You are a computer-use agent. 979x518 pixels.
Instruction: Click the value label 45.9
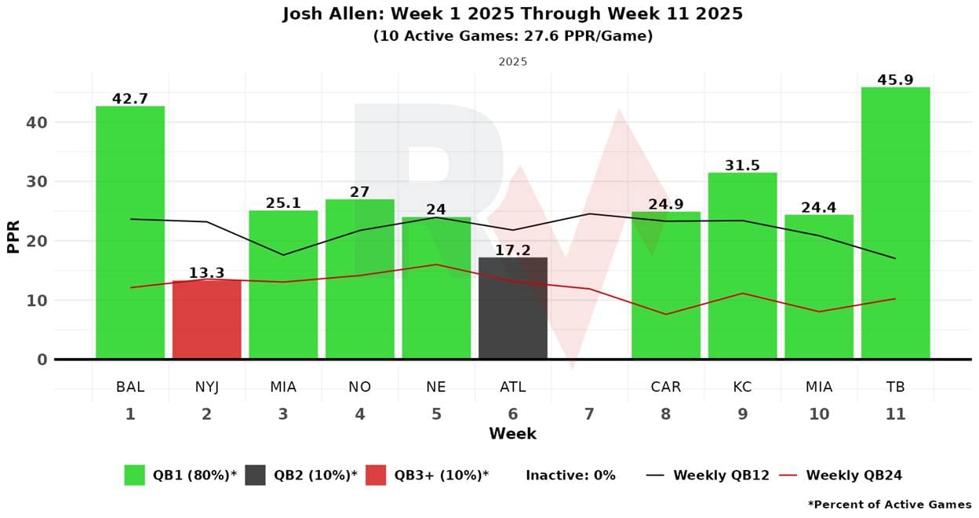895,80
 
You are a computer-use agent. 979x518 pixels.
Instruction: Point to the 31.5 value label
742,166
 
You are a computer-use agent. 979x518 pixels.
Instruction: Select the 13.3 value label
206,273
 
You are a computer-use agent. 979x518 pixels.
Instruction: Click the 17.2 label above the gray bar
513,250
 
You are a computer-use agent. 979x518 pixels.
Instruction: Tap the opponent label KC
742,387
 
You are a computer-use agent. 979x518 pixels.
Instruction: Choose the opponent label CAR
665,387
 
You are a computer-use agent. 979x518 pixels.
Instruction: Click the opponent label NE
436,387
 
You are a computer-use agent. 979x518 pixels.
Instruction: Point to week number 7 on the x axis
589,414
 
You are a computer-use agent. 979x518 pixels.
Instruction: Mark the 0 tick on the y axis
42,359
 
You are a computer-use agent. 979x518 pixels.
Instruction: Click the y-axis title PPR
13,235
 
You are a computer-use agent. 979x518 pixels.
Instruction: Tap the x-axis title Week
512,434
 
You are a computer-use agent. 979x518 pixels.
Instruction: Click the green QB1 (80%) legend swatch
135,475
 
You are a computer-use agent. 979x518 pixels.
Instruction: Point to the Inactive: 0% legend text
570,475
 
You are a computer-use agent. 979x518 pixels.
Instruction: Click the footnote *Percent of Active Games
890,505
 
